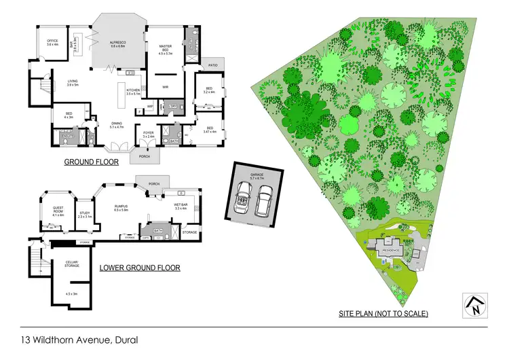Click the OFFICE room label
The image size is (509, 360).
tap(52, 42)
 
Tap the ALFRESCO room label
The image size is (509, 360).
tap(119, 42)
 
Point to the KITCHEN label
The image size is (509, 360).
tap(133, 90)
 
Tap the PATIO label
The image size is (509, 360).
tap(212, 65)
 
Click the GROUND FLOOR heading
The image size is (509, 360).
tap(91, 162)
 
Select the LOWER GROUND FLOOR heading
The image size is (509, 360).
tap(140, 268)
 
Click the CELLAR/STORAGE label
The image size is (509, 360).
tap(72, 264)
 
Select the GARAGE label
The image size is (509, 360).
tap(256, 175)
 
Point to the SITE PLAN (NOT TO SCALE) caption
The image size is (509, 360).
tap(383, 314)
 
